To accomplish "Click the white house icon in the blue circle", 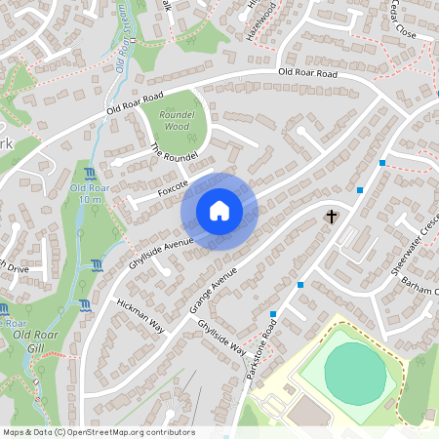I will (x=219, y=211).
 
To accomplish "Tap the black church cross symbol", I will (x=332, y=215).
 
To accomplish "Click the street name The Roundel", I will (x=175, y=154).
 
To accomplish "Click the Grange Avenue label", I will (x=213, y=288).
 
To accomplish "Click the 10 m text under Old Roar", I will (x=90, y=199).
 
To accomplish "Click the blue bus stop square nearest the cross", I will (x=361, y=189).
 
